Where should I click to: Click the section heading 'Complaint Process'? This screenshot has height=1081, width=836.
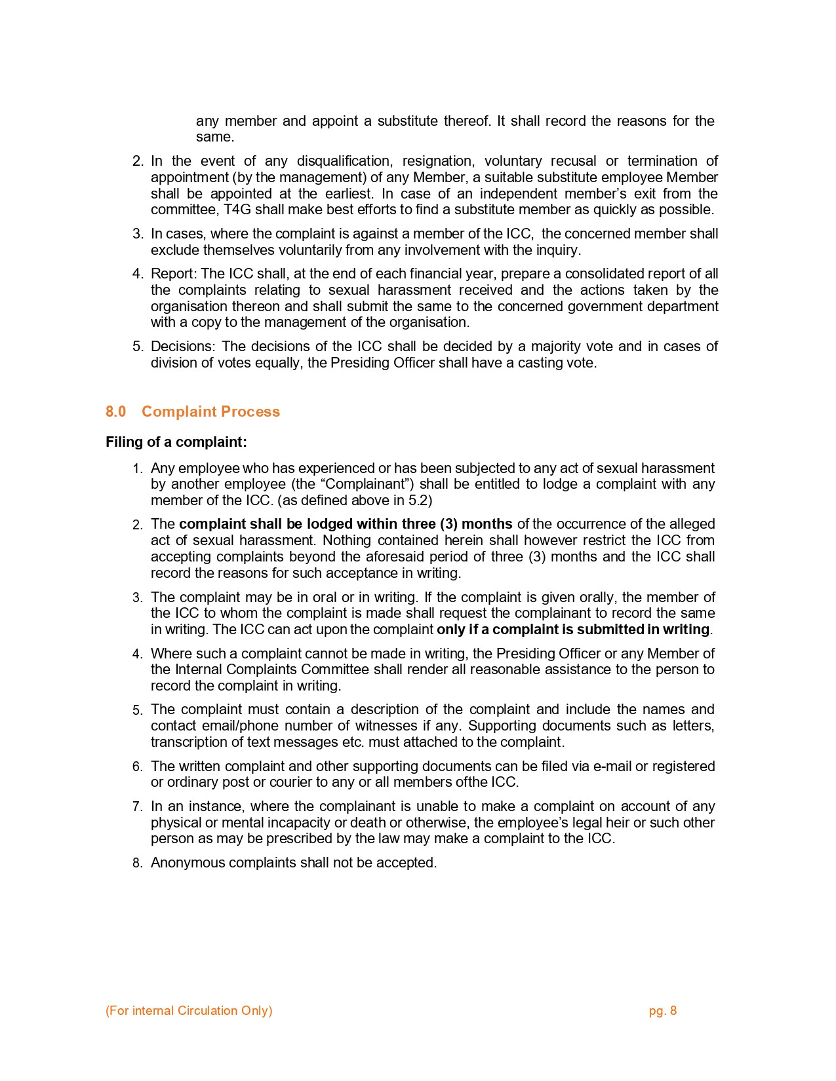(x=210, y=411)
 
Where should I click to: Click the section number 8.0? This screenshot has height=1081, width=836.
(x=115, y=411)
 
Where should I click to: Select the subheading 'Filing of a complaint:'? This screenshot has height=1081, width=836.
(x=176, y=442)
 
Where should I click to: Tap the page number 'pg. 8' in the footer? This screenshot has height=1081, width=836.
(x=662, y=1010)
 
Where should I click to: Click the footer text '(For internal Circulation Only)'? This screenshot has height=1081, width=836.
(x=189, y=1010)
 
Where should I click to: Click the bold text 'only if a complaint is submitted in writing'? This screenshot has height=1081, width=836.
(x=573, y=630)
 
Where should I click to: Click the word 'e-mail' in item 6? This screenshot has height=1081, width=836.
(x=612, y=767)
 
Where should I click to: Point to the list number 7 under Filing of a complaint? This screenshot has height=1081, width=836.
(x=136, y=807)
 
